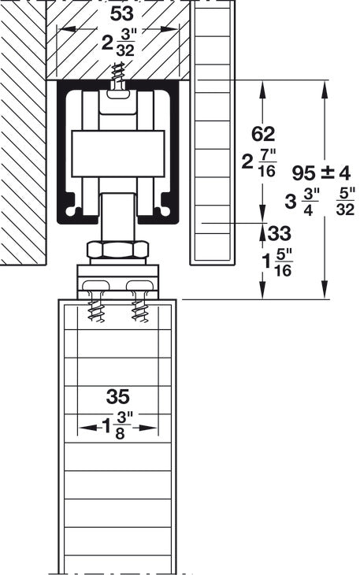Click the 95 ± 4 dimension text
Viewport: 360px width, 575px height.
[320, 172]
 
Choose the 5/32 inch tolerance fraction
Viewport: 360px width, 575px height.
[344, 202]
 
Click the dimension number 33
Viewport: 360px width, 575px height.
[278, 234]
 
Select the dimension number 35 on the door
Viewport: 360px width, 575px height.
[117, 395]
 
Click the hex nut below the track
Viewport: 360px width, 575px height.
[118, 250]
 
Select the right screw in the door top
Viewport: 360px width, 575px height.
[140, 303]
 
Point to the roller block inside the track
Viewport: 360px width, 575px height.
[118, 153]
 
